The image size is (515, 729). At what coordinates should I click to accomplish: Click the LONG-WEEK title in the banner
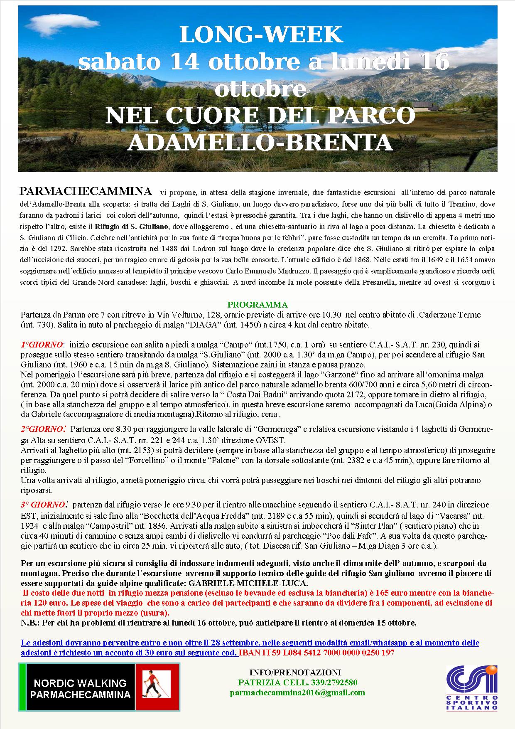tap(261, 35)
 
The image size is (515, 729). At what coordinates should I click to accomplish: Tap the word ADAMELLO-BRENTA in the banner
tap(260, 143)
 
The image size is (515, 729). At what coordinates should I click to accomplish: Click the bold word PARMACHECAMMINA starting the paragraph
tap(86, 191)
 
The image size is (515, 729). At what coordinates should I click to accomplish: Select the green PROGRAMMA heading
tap(257, 305)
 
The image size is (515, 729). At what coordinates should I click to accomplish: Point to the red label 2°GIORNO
tap(43, 429)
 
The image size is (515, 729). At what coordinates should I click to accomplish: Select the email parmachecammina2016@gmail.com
tap(298, 692)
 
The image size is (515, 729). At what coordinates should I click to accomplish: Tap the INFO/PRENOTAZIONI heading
tap(295, 672)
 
